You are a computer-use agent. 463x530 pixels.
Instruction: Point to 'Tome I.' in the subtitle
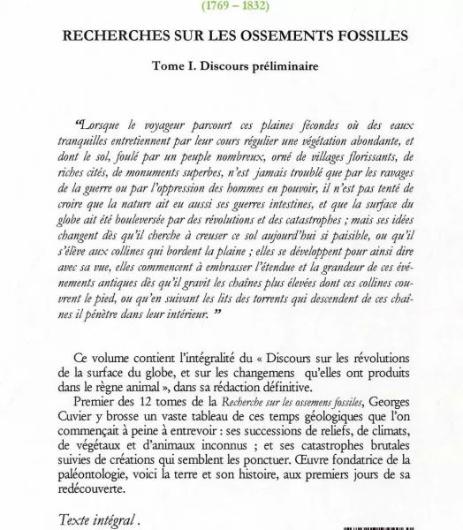172,64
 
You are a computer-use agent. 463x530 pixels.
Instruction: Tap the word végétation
307,141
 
